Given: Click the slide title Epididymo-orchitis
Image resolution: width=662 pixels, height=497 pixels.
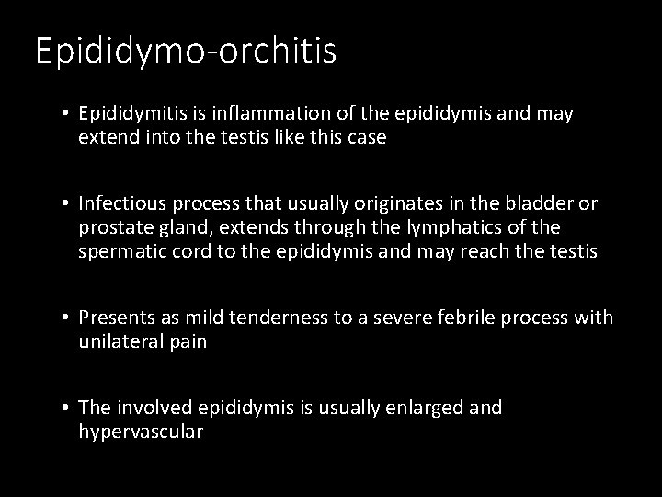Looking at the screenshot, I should point(186,52).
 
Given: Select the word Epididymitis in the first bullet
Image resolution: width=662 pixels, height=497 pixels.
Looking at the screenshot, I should point(130,114).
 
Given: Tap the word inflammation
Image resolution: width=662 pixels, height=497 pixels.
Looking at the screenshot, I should point(257,114).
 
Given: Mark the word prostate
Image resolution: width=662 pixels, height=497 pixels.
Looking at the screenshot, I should point(116,227).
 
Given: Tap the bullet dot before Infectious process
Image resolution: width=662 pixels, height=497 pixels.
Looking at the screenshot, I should point(67,202).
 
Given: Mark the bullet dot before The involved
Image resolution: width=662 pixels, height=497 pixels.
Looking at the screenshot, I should point(67,407).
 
